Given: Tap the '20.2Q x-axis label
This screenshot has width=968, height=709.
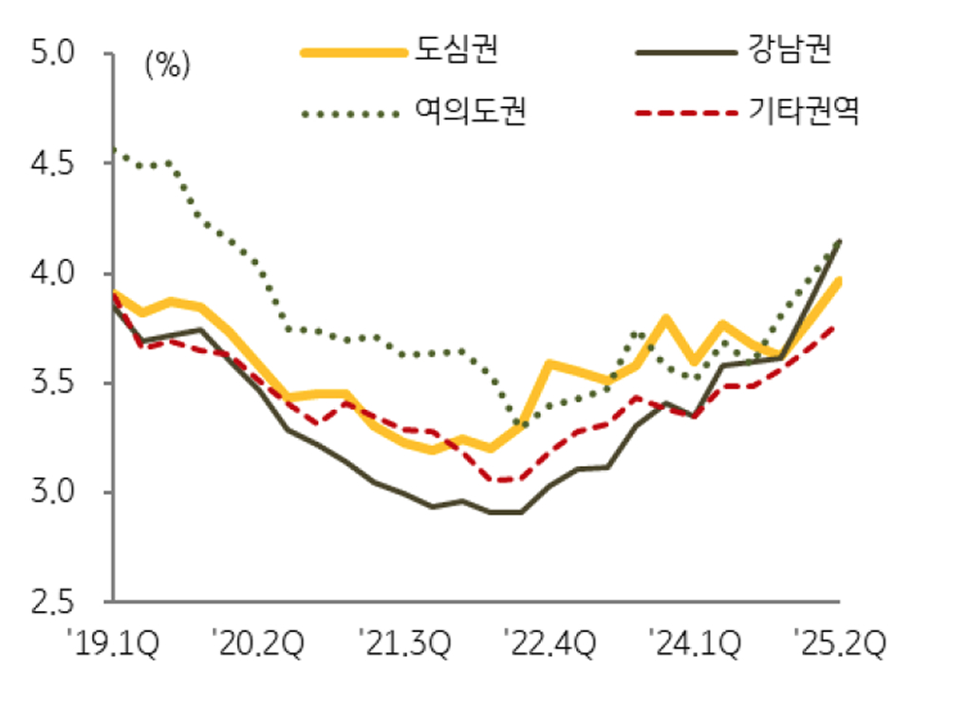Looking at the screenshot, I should click(x=260, y=645).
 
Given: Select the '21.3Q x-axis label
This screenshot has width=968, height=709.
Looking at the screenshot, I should click(x=404, y=645).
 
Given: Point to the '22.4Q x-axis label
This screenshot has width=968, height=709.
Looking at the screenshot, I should click(x=550, y=645).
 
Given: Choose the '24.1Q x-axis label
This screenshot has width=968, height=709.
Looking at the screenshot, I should click(x=695, y=645).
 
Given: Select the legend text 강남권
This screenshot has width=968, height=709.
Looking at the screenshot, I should click(x=790, y=50).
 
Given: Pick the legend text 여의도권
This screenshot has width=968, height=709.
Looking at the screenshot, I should click(x=470, y=113).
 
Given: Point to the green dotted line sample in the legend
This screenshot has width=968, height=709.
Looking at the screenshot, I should click(x=351, y=114).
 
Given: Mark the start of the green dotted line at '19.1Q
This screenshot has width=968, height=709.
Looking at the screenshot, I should click(x=114, y=149).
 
